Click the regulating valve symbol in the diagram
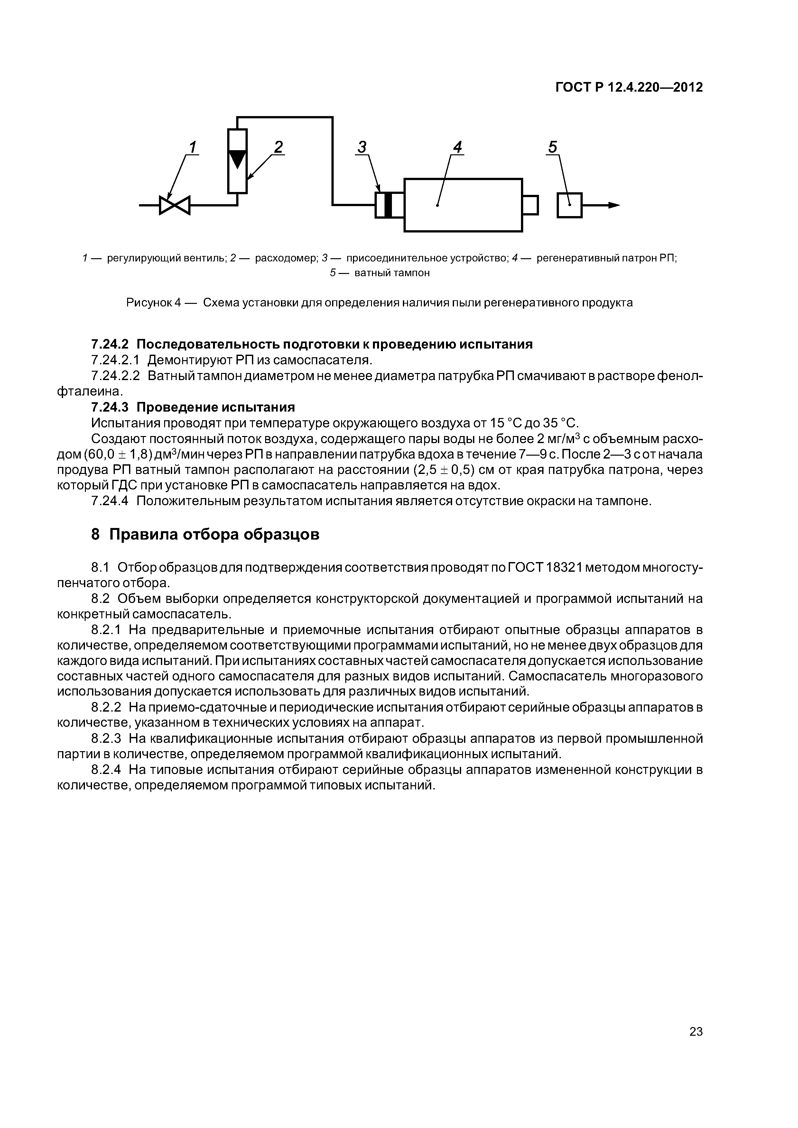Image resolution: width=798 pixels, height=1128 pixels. [x=174, y=205]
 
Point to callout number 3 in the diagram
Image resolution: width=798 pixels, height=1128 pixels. [x=362, y=147]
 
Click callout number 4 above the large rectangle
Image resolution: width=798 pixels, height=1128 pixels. [x=458, y=147]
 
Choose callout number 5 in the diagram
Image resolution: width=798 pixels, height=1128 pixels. [x=553, y=147]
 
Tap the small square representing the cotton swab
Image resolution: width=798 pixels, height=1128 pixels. [x=569, y=205]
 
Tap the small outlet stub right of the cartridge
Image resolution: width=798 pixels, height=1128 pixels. [x=530, y=205]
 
